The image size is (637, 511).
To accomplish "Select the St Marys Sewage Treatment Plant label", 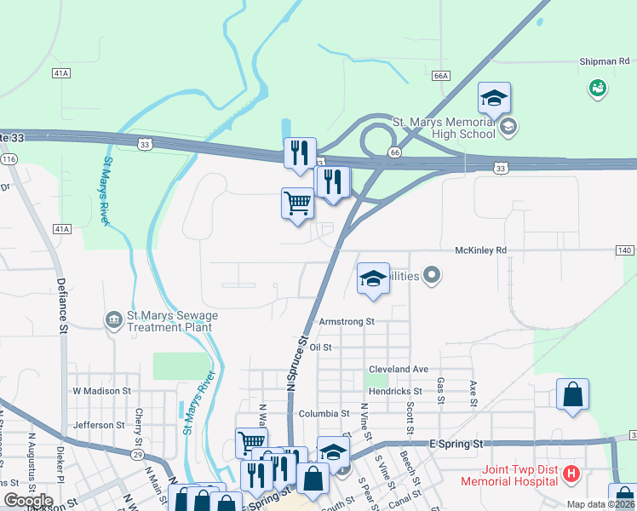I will coord(173,321).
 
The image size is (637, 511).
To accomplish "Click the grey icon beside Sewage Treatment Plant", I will coord(113,319).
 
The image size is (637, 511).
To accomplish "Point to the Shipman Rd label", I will coord(604,61).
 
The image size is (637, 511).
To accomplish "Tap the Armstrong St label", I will coord(347,322).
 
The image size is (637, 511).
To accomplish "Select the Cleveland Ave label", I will coord(398,370).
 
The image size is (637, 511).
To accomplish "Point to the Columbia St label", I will coord(324,413).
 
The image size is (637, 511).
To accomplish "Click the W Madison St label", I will coord(101,390).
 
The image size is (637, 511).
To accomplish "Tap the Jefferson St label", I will coord(100,424).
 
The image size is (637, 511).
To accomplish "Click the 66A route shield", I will coord(440,76).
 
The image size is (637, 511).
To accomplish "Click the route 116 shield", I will coord(9,159).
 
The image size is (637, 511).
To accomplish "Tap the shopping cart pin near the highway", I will coord(297,204).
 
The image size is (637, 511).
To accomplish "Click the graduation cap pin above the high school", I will coord(494,99).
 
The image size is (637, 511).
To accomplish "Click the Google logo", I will coord(28,501).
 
